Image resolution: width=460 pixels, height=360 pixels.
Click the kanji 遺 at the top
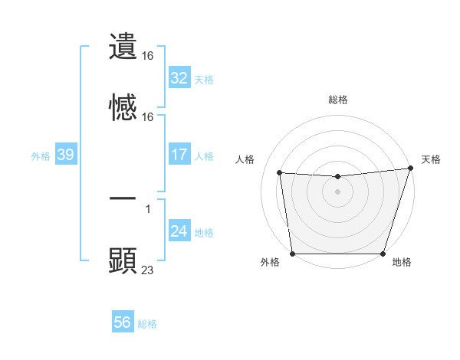coord(123,46)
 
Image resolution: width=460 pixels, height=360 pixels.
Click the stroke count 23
coord(148,269)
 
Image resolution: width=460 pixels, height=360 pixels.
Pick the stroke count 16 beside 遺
coord(148,56)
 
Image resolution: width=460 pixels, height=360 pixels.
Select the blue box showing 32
coord(179,78)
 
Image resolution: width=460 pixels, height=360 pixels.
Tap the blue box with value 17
coord(179,155)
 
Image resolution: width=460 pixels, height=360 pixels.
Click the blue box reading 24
coord(179,231)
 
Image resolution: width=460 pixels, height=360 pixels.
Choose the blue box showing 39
coord(65,155)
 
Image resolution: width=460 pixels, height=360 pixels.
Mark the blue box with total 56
coord(123,322)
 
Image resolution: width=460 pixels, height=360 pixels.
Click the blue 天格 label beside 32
coord(204,79)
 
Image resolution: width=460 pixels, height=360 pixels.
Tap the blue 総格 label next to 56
coord(147,323)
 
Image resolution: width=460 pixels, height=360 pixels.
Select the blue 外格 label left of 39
coord(41,155)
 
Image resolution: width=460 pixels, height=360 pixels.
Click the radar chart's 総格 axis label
coord(337,100)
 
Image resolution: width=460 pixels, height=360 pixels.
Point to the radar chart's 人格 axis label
coord(245,160)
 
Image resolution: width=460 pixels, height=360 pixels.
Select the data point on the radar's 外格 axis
coord(292,254)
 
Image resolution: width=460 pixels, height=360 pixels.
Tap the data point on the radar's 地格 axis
coord(383,254)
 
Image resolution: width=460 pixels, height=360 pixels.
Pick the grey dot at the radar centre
coord(337,191)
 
